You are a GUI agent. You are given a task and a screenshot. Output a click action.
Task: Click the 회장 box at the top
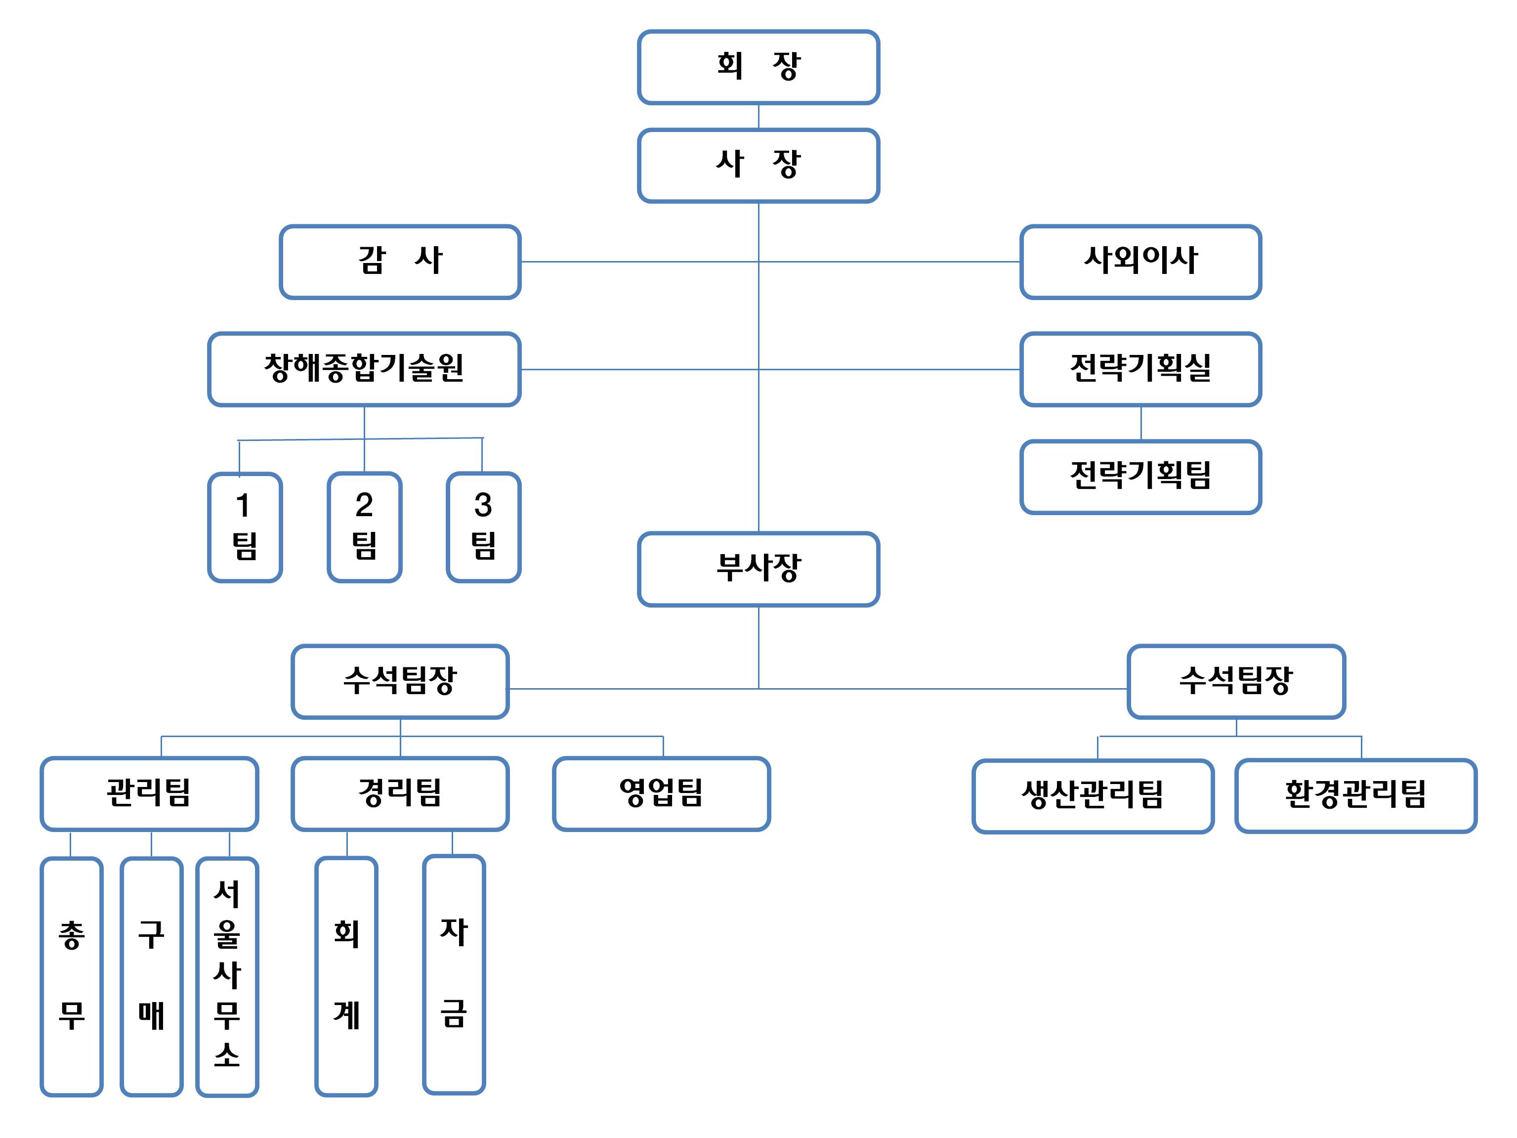(758, 67)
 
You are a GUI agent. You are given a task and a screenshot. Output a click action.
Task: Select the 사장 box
(758, 165)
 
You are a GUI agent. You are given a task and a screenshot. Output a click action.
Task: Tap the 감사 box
(400, 262)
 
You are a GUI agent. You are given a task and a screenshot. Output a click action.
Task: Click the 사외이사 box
(1140, 262)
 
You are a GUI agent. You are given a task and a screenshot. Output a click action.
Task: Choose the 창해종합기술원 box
(364, 369)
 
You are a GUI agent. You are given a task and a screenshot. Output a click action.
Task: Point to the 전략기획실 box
(1140, 369)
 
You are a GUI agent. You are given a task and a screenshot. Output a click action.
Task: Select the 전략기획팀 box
(1140, 477)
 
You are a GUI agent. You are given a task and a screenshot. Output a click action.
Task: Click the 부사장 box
(758, 569)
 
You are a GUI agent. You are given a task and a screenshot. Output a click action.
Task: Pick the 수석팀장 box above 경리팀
(400, 681)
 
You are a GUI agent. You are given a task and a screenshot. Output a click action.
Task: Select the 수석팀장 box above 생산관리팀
(1236, 681)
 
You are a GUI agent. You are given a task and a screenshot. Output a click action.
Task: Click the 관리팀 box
(149, 793)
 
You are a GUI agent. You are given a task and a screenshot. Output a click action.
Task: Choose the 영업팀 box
(661, 793)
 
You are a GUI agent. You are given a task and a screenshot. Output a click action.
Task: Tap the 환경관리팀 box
(1355, 796)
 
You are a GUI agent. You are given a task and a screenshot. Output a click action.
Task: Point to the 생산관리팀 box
(1093, 796)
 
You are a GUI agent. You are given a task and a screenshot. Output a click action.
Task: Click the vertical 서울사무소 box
(227, 976)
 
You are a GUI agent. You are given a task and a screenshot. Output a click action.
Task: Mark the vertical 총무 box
(71, 976)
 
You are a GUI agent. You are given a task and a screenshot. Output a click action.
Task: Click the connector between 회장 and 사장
(758, 117)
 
